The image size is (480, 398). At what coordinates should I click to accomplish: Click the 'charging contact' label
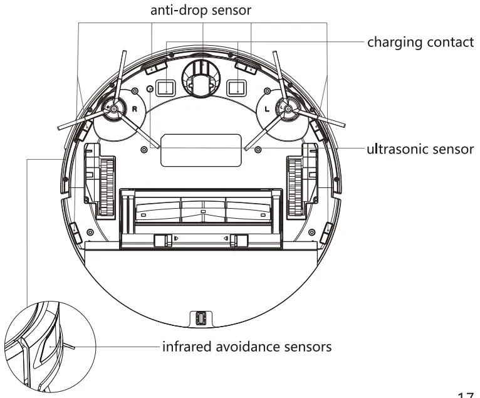[420, 43]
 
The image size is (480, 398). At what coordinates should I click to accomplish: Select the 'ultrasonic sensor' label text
[420, 150]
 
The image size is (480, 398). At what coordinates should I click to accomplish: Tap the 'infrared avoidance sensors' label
[246, 346]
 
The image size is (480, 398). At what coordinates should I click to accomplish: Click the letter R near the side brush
[133, 107]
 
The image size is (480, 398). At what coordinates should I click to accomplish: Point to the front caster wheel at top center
[202, 78]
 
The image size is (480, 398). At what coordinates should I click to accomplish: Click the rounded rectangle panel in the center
[201, 150]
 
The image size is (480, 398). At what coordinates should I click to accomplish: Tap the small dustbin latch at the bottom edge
[201, 318]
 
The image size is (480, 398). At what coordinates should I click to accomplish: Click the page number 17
[466, 393]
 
